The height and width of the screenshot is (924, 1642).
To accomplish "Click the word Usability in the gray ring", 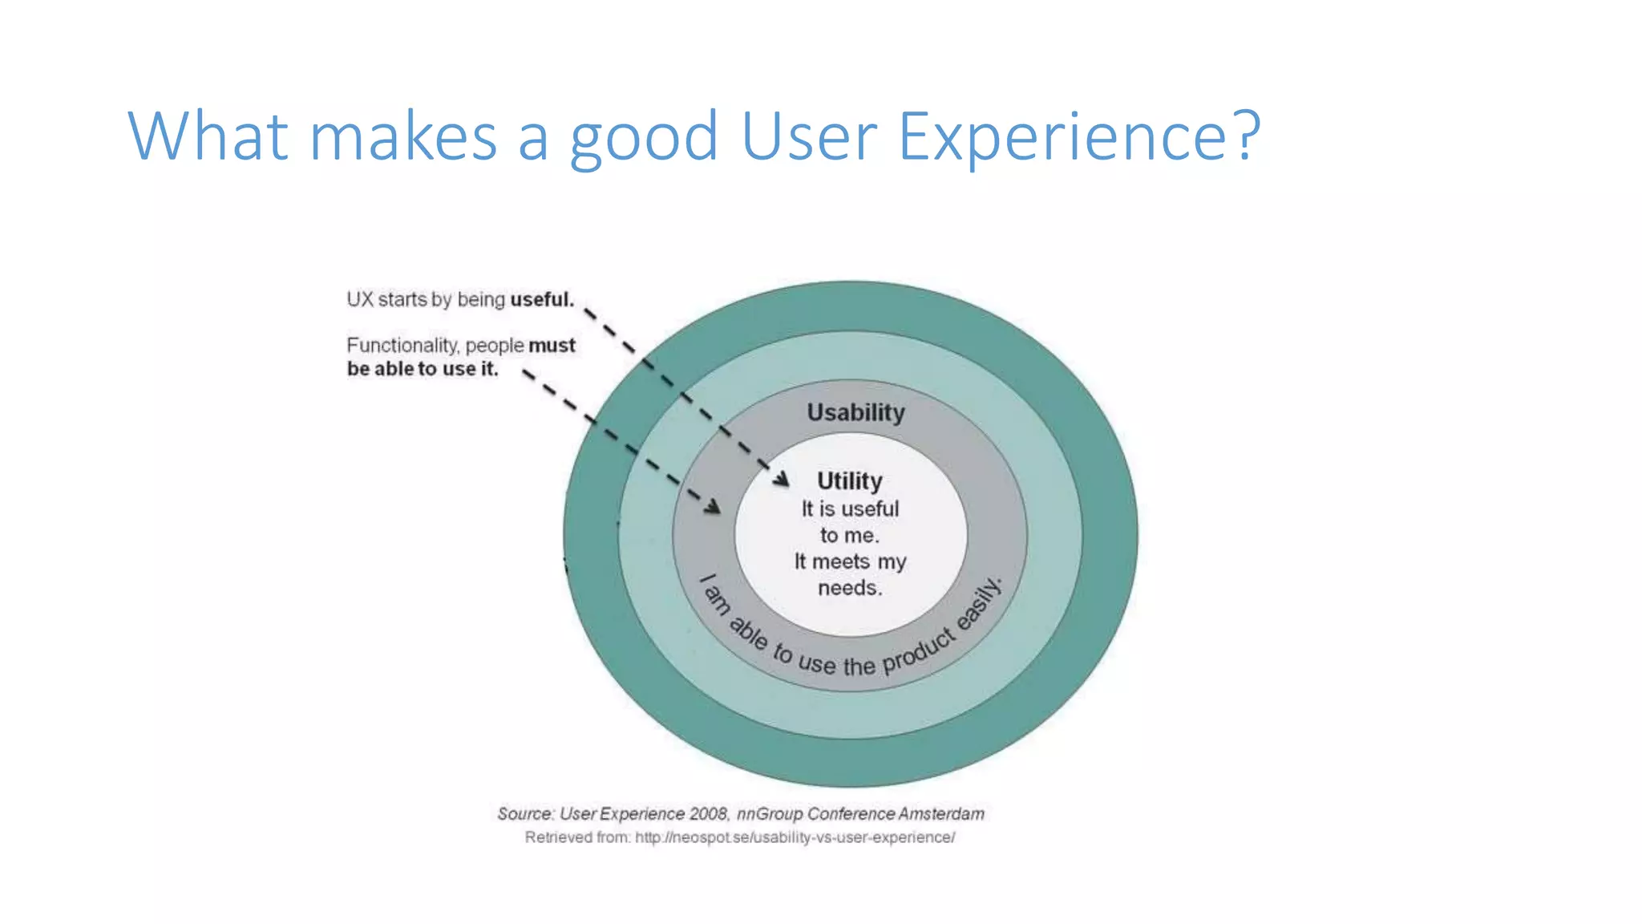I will pyautogui.click(x=855, y=412).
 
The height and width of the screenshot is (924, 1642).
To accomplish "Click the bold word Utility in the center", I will pyautogui.click(x=849, y=480).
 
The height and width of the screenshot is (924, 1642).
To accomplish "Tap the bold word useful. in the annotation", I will pyautogui.click(x=542, y=299).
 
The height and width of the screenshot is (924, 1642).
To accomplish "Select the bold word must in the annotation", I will pyautogui.click(x=552, y=346).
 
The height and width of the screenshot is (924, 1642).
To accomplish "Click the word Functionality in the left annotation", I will pyautogui.click(x=402, y=346).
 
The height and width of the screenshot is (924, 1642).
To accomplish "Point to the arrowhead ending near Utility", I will pyautogui.click(x=783, y=480).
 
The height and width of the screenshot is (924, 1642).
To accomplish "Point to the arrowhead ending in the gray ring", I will pyautogui.click(x=713, y=507).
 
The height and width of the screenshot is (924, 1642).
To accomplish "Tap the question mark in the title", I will pyautogui.click(x=1245, y=135).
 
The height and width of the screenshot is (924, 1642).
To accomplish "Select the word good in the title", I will pyautogui.click(x=643, y=136).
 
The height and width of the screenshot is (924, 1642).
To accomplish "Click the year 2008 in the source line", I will pyautogui.click(x=708, y=813).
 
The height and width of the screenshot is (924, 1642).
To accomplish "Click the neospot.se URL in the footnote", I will pyautogui.click(x=795, y=837).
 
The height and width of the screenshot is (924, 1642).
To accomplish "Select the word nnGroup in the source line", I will pyautogui.click(x=769, y=813).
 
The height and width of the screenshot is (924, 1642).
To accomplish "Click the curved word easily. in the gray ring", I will pyautogui.click(x=981, y=603).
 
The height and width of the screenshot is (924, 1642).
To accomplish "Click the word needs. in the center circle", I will pyautogui.click(x=850, y=588).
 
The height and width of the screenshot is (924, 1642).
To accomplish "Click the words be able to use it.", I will pyautogui.click(x=423, y=369).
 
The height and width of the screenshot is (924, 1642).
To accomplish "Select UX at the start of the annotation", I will pyautogui.click(x=360, y=299).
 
